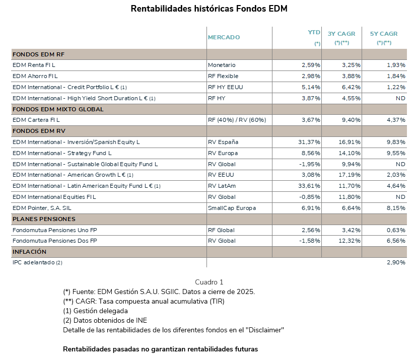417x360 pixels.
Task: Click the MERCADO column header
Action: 224,37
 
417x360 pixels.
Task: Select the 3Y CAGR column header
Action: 341,34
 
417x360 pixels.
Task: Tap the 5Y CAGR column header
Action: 384,34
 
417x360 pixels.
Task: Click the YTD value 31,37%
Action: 309,142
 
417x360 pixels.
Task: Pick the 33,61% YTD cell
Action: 309,186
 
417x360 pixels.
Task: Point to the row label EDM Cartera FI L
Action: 36,120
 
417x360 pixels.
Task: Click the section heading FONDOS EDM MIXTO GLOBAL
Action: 58,109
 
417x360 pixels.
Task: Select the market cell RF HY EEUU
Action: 225,87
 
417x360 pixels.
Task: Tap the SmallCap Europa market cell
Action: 232,208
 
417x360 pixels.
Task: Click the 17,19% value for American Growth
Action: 350,175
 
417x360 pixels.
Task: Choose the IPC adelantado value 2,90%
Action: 396,262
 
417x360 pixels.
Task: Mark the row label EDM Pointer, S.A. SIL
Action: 42,208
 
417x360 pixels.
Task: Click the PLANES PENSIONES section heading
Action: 44,219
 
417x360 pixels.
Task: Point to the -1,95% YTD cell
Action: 310,164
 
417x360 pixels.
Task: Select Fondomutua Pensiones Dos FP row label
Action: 54,241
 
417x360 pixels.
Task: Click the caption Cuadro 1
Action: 209,282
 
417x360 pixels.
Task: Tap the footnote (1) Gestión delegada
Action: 95,311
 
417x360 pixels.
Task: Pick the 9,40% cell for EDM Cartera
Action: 351,120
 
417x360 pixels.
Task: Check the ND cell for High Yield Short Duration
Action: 400,98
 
